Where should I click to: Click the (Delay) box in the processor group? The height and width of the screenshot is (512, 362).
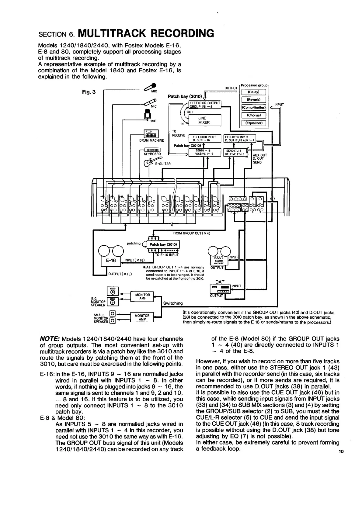(x=253, y=92)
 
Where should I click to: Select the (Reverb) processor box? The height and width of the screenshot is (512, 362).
(x=253, y=100)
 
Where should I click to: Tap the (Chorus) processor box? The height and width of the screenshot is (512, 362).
(x=253, y=115)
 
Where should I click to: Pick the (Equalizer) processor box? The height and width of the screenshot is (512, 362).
(x=253, y=123)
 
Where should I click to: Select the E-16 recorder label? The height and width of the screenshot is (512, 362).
(x=111, y=260)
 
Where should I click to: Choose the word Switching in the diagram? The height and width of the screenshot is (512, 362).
(x=173, y=303)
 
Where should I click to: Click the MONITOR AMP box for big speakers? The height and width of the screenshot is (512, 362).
(x=142, y=297)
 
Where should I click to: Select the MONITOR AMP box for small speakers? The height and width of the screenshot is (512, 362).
(x=142, y=317)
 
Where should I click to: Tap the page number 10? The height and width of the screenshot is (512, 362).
(x=341, y=451)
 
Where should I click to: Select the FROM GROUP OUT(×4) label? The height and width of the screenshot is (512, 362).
(x=191, y=234)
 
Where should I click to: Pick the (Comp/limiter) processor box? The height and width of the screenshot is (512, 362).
(x=253, y=108)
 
